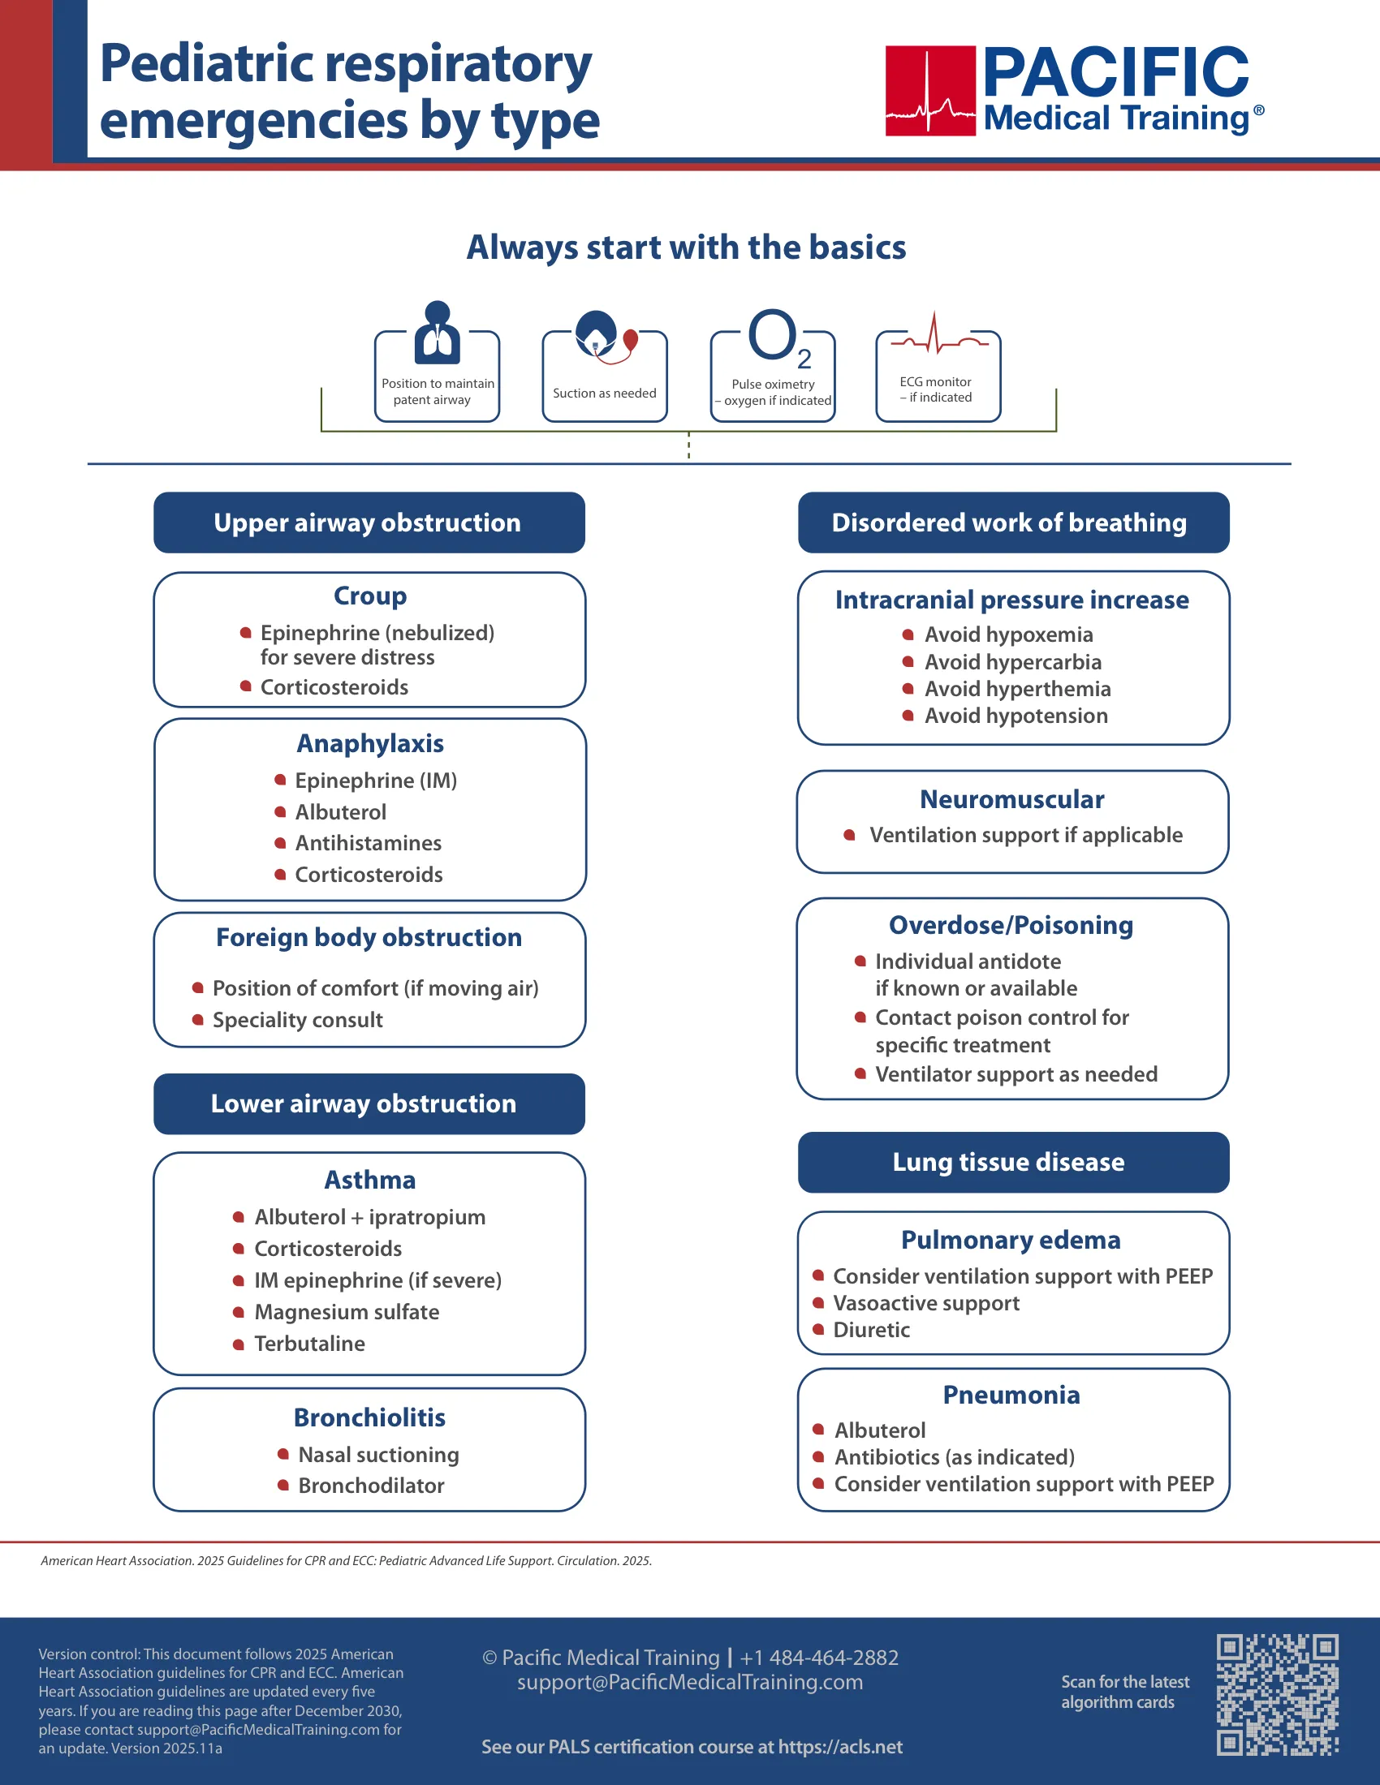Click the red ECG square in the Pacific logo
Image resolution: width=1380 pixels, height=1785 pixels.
[930, 91]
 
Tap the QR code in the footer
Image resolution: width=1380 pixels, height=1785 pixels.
[1277, 1694]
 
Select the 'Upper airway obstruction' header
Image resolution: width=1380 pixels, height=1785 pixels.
[369, 523]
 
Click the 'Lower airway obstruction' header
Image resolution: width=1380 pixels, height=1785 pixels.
[369, 1103]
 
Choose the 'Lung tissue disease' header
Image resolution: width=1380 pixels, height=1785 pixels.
[1013, 1162]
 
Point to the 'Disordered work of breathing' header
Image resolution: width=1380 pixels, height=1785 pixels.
[1013, 523]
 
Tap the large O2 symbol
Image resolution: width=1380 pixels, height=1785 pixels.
[780, 338]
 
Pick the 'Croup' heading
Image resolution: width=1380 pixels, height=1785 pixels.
[369, 596]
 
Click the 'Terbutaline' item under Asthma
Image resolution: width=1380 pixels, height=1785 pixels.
[309, 1344]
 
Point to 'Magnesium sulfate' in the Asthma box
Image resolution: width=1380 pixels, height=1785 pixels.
[347, 1312]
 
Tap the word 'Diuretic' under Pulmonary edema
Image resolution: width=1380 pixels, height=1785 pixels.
[872, 1330]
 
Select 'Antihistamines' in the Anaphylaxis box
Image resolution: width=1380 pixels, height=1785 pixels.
[368, 843]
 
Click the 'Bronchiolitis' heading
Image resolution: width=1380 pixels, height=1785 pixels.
[369, 1417]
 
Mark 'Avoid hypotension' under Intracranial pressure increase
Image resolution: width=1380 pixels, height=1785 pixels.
[1016, 716]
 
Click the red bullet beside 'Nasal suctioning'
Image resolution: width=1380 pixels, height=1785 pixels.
[282, 1454]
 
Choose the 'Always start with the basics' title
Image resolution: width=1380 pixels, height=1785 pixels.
[686, 247]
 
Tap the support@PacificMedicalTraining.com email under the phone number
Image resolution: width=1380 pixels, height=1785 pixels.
[690, 1682]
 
